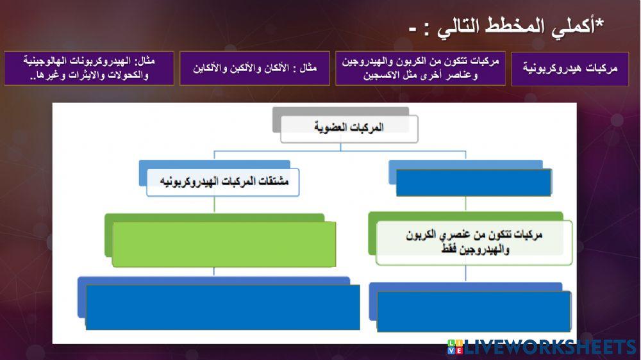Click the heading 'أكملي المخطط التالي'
tap(506, 27)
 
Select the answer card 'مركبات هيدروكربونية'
tap(570, 68)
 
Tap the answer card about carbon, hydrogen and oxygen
tap(420, 68)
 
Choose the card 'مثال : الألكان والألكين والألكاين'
tap(254, 68)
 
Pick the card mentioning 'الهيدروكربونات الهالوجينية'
tap(88, 68)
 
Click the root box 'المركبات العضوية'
tap(349, 128)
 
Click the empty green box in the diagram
tap(224, 244)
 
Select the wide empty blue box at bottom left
tap(222, 307)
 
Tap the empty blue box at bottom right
tap(474, 311)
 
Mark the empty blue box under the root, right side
tap(474, 182)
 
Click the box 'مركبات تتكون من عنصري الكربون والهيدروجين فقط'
tap(474, 243)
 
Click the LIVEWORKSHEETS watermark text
tap(551, 348)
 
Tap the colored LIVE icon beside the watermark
tap(455, 348)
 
